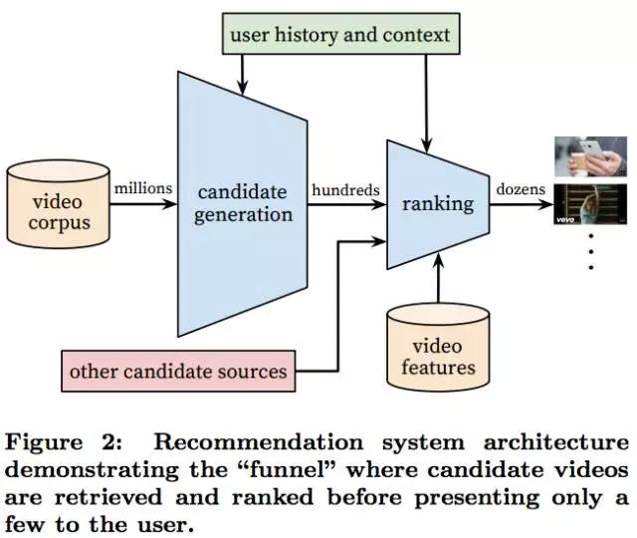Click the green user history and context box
[x=340, y=34]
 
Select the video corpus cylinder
[x=58, y=204]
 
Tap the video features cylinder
[x=438, y=347]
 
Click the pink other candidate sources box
[x=178, y=372]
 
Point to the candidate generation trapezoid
[x=243, y=204]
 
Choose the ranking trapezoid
[x=438, y=204]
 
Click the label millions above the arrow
[x=143, y=188]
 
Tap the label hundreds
[x=345, y=189]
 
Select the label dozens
[x=521, y=189]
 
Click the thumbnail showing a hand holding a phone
[x=590, y=157]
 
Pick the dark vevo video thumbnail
[x=590, y=204]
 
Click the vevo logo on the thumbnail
[x=565, y=220]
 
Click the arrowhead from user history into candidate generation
[x=243, y=88]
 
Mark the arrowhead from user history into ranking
[x=426, y=144]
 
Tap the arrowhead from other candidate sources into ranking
[x=378, y=241]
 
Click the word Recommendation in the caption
[x=259, y=442]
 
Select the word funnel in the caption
[x=292, y=470]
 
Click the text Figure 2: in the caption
[x=64, y=442]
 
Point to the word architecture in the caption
[x=556, y=442]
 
